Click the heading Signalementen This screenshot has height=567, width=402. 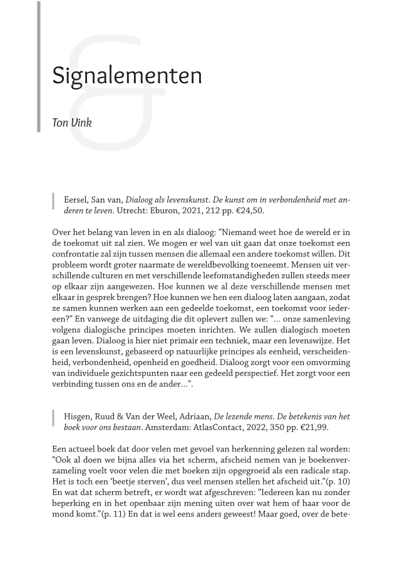[127, 76]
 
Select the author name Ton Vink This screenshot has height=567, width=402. [72, 123]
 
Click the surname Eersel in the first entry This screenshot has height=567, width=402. [76, 200]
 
